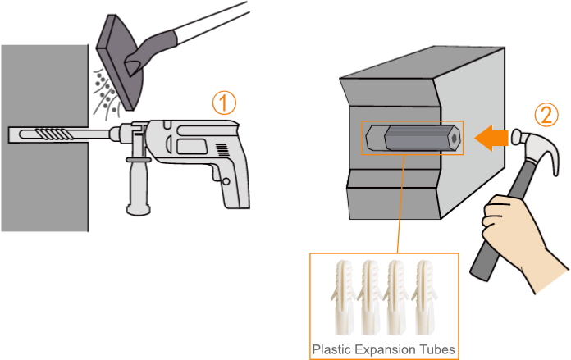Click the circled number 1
coord(224,103)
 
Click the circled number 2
coord(546,115)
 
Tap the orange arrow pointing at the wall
coord(491,138)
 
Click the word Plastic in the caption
coord(331,349)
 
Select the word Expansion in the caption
coord(386,350)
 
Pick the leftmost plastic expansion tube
coord(343,297)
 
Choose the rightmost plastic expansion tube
coord(425,297)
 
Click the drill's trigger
coord(214,174)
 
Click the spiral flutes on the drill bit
coord(55,134)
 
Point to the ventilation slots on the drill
coord(222,149)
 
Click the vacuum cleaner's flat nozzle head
coord(120,62)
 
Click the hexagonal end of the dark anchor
coord(454,139)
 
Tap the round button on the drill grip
coord(226,181)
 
